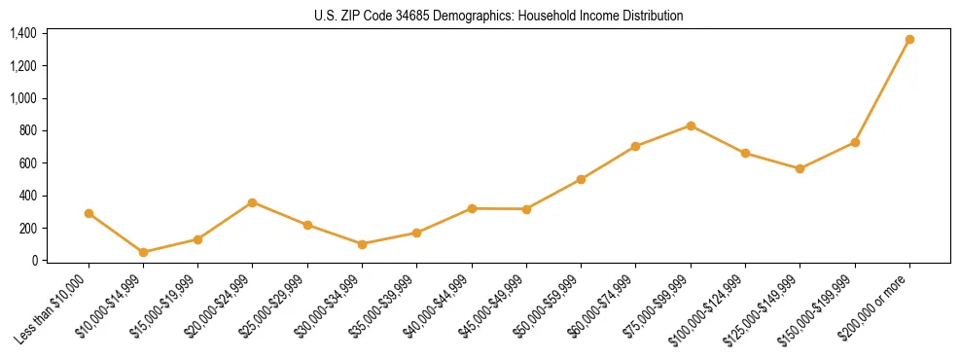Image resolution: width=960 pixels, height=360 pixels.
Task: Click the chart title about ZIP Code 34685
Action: click(499, 16)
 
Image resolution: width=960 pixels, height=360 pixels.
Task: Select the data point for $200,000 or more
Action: click(909, 40)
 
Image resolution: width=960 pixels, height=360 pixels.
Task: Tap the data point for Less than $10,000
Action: click(89, 213)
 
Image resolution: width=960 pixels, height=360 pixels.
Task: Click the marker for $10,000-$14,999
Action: click(144, 252)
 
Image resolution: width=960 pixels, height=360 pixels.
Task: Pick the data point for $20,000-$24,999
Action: click(253, 202)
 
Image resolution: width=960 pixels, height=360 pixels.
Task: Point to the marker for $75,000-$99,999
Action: click(691, 126)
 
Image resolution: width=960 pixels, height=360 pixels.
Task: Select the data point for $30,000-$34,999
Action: click(362, 244)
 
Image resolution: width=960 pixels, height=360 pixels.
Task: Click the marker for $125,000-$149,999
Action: click(800, 168)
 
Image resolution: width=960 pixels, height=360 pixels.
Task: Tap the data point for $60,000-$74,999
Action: click(636, 147)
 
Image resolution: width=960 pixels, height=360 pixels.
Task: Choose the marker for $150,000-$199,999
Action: click(855, 142)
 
